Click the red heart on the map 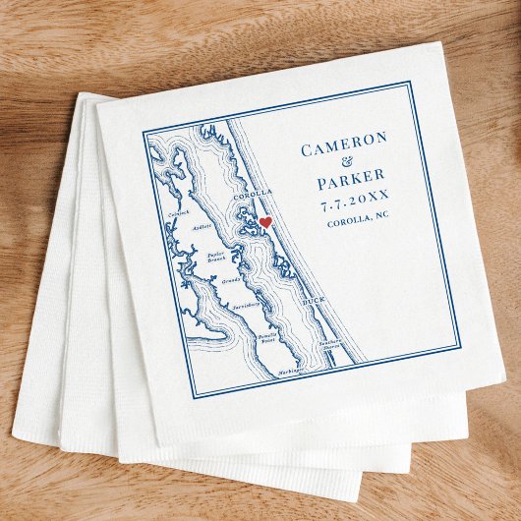[x=265, y=223]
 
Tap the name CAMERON [x=344, y=149]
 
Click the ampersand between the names [x=344, y=167]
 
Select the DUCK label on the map [x=313, y=300]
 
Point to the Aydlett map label [x=202, y=227]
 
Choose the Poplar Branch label [x=216, y=258]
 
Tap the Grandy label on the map [x=231, y=281]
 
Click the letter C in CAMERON [x=307, y=150]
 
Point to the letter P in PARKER [x=322, y=185]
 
